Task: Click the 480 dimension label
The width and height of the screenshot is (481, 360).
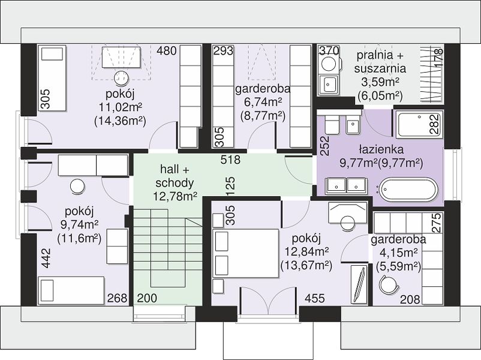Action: [167, 50]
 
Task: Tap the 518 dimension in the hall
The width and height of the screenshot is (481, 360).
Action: [231, 160]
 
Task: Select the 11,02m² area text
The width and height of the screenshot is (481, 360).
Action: [120, 107]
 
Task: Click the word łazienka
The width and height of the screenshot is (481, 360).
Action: [381, 149]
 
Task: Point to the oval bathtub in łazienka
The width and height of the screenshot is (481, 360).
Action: [408, 190]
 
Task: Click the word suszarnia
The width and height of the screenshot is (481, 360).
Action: [380, 68]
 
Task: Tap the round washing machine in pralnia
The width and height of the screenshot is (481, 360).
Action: [328, 64]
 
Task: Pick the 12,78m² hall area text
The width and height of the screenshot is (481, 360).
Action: [175, 196]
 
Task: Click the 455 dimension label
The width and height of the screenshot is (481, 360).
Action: [314, 298]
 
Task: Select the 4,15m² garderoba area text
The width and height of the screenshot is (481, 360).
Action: [399, 253]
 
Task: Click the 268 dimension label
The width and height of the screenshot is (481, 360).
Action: [117, 298]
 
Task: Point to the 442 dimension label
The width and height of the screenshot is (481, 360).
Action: [46, 258]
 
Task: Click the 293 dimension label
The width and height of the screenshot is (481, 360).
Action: [223, 50]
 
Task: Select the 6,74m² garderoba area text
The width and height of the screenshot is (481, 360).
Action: [263, 102]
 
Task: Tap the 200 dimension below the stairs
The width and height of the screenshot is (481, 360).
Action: [147, 298]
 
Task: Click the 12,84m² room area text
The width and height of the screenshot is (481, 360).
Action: [306, 251]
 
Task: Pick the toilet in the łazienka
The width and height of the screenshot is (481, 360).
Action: [331, 124]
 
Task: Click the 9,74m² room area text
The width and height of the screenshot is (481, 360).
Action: [79, 225]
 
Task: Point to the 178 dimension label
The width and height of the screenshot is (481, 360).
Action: [439, 59]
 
